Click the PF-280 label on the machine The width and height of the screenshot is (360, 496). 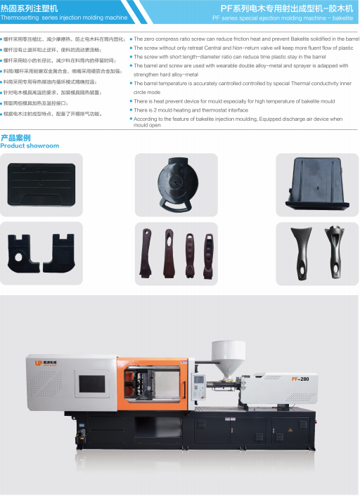tap(301, 378)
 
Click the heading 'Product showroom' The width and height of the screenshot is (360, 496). tap(30, 146)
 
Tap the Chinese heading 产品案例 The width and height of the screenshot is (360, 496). tap(15, 138)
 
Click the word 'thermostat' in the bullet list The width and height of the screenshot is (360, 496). tap(213, 110)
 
